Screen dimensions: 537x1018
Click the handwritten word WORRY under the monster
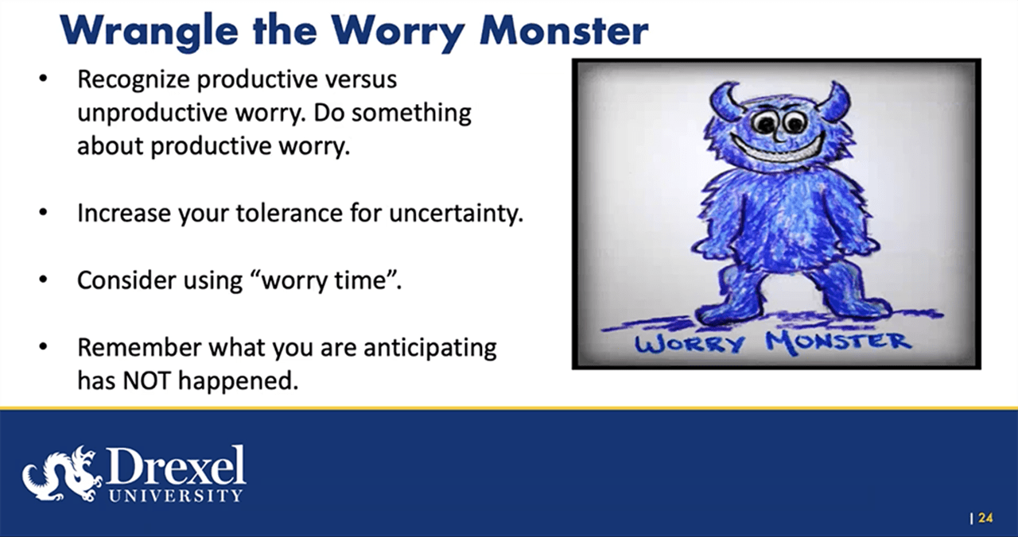click(679, 344)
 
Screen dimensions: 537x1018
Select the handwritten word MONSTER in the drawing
click(837, 342)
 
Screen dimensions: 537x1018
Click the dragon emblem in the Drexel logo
click(62, 473)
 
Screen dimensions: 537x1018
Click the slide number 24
click(985, 518)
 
